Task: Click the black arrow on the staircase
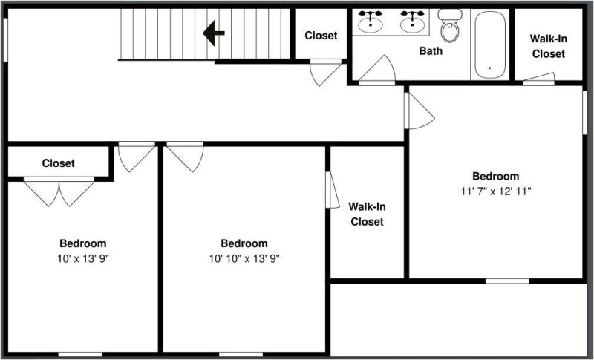click(x=214, y=33)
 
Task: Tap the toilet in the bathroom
click(x=449, y=26)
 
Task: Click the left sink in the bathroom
click(x=371, y=22)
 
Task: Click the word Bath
click(x=431, y=51)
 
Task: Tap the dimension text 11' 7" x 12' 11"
click(x=495, y=191)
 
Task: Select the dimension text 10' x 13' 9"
click(x=82, y=258)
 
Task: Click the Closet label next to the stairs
click(x=321, y=36)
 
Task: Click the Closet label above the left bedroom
click(x=58, y=163)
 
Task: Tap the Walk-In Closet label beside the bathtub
click(x=548, y=46)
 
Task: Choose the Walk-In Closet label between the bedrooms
click(x=367, y=214)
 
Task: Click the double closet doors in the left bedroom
click(x=59, y=192)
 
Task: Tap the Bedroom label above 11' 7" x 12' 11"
click(x=495, y=176)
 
